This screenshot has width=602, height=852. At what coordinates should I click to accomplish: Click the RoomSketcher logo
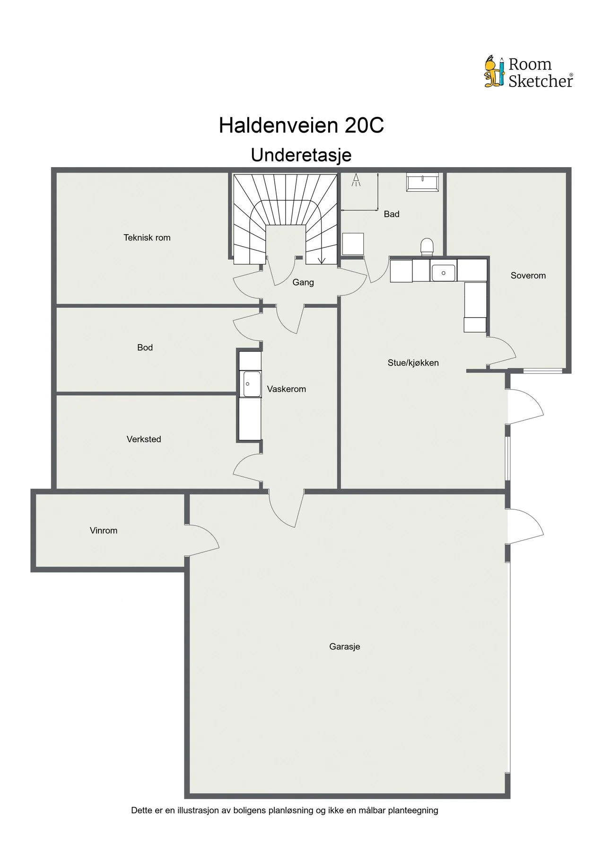(x=529, y=72)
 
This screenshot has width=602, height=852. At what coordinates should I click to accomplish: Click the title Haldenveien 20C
(x=301, y=125)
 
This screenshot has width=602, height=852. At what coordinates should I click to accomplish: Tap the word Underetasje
(x=301, y=155)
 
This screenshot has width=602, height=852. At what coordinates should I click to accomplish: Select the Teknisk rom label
(x=147, y=238)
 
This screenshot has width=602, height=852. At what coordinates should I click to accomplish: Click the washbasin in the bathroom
(x=423, y=182)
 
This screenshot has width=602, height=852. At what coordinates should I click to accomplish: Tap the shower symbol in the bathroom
(x=357, y=180)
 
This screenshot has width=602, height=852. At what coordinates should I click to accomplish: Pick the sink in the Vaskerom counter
(x=251, y=384)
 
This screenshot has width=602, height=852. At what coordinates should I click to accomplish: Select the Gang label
(x=303, y=282)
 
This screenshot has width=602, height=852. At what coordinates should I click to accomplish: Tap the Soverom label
(x=528, y=275)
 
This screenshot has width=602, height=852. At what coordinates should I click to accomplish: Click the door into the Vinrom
(x=203, y=540)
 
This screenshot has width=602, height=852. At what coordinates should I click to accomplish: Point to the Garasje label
(x=345, y=647)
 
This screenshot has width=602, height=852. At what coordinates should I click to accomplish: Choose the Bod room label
(x=145, y=347)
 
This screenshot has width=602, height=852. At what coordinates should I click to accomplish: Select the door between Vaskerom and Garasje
(x=287, y=509)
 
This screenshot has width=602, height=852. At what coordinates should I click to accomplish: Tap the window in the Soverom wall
(x=542, y=371)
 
